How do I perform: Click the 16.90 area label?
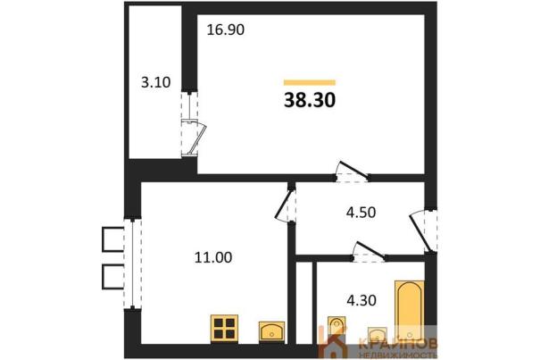point(226,30)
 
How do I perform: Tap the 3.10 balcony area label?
point(156,83)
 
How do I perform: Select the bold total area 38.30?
point(310,100)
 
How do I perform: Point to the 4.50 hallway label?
point(361,213)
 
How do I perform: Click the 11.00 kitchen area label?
point(213,257)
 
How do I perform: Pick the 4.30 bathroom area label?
point(361,300)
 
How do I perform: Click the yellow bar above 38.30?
point(310,82)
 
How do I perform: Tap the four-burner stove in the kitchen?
point(224,328)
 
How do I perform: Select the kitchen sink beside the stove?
point(271,331)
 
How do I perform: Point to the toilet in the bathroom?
point(336,325)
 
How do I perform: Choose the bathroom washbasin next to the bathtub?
point(377,334)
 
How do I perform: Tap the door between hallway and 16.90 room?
point(352,172)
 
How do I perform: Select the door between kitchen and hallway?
point(286,206)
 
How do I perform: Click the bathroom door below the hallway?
point(370,251)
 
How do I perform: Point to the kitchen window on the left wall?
point(133,264)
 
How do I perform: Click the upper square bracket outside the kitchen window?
point(113,239)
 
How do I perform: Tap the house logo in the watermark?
point(332,342)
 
